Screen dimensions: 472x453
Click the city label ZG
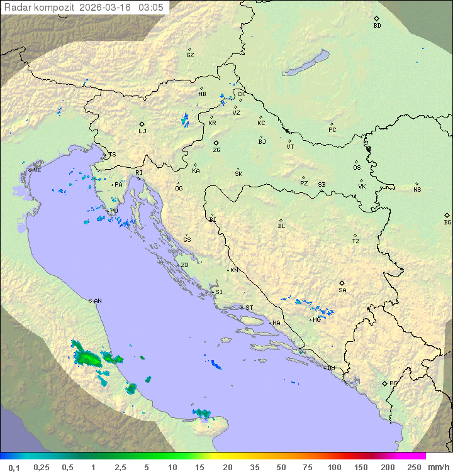216,150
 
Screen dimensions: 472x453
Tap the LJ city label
142,131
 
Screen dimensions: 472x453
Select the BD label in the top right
377,26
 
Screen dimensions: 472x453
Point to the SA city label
342,290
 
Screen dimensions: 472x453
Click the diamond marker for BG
447,215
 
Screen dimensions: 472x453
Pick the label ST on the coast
249,308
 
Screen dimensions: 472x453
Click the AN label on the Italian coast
98,301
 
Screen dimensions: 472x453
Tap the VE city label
37,170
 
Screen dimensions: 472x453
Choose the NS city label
417,190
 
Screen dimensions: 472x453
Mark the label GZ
190,55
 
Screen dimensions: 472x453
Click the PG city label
393,383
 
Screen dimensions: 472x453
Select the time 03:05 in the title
152,8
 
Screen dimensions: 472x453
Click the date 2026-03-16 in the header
106,8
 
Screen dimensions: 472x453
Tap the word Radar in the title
17,8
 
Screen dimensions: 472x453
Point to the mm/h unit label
438,467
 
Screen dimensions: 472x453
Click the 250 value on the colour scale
414,467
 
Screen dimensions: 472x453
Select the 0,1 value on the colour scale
14,467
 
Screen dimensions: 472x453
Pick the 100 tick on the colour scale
334,467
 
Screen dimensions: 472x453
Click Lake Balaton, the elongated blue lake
306,63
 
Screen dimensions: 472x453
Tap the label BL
281,226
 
